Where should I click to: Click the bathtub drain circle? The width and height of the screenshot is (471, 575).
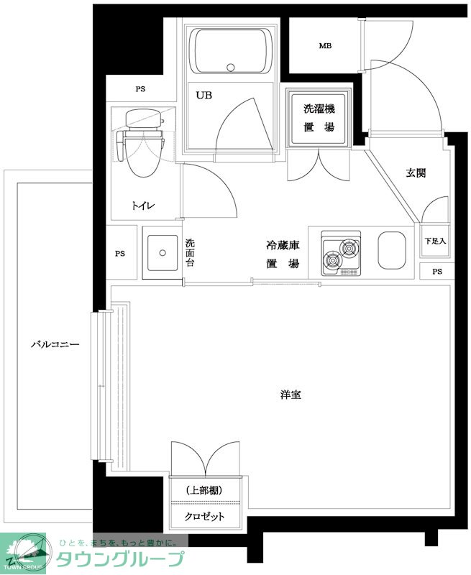tap(230, 68)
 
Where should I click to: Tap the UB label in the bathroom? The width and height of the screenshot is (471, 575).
tap(204, 96)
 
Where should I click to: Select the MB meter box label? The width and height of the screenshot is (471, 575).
tap(325, 46)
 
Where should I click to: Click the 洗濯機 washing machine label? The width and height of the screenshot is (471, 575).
tap(319, 109)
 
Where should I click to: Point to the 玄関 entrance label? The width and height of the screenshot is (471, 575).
tap(416, 172)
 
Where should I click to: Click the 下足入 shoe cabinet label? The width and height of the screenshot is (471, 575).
tap(435, 241)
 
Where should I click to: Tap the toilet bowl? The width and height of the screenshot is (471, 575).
tap(143, 155)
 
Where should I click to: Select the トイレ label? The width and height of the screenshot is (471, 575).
tap(143, 206)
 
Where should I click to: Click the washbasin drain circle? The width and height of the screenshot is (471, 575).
tap(163, 253)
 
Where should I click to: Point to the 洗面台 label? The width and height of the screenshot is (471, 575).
tap(190, 253)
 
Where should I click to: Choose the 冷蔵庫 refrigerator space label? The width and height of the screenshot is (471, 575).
tap(283, 245)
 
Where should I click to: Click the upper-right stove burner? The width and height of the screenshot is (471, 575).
tap(349, 248)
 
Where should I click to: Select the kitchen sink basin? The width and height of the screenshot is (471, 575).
tap(392, 249)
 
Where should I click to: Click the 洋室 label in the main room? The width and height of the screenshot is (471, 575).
tap(291, 395)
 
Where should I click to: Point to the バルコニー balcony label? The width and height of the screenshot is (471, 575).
tap(55, 344)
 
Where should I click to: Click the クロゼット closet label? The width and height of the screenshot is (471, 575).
tap(204, 516)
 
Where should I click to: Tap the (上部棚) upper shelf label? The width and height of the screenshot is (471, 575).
tap(204, 490)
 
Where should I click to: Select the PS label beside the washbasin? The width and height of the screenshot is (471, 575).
tap(120, 254)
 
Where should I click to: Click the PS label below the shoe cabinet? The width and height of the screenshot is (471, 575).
tap(437, 272)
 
